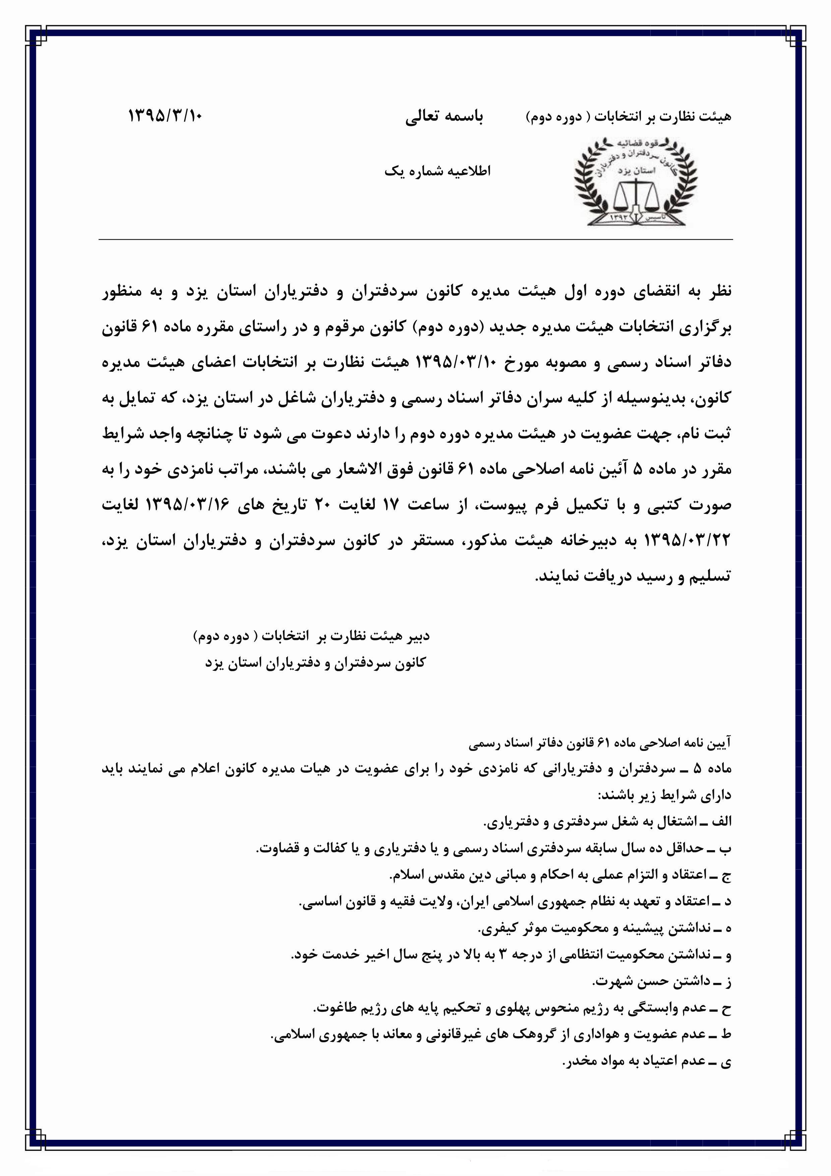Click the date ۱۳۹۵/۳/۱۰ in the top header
[x=165, y=116]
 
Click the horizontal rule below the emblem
[x=415, y=240]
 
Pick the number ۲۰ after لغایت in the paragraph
[x=325, y=505]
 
